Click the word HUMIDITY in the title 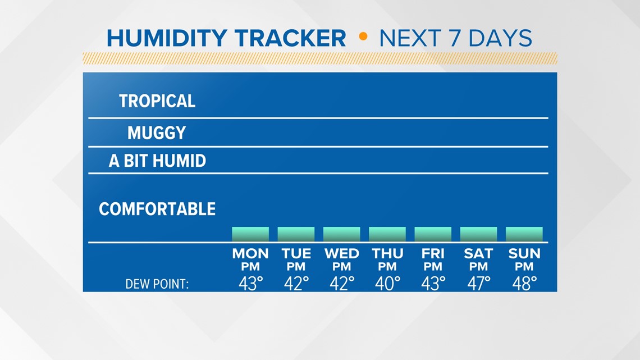click(167, 38)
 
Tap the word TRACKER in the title click(290, 38)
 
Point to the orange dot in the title click(363, 37)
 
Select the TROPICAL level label click(157, 101)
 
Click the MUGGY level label click(157, 133)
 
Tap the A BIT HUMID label click(157, 161)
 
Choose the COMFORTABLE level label click(157, 209)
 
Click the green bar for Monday click(250, 234)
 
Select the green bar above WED click(342, 234)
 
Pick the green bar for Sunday click(524, 234)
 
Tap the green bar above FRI click(433, 234)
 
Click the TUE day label click(296, 254)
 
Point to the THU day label click(387, 254)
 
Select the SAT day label click(478, 254)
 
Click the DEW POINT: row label click(157, 284)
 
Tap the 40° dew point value click(388, 284)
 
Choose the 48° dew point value click(524, 284)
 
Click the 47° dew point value click(479, 284)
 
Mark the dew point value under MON click(250, 284)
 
